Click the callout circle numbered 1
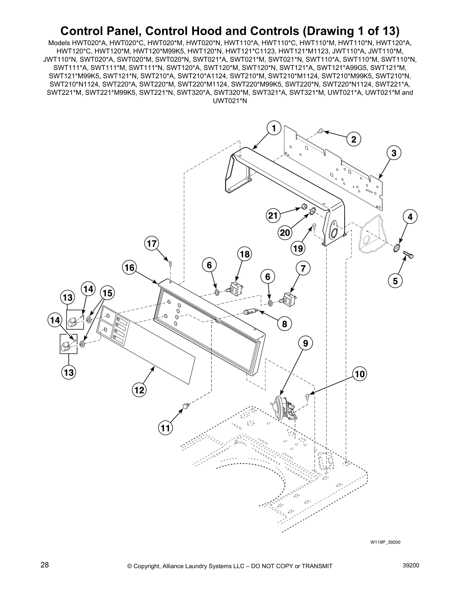pos(274,128)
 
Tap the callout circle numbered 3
pos(393,153)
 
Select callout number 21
pos(273,216)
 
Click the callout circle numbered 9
pos(305,343)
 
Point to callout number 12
pos(139,390)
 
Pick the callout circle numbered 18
pos(244,254)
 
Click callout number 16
pos(129,268)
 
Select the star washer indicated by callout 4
pos(396,248)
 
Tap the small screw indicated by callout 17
pos(170,263)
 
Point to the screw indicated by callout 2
pos(321,131)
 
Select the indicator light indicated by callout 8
pos(250,312)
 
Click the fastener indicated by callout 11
pos(186,406)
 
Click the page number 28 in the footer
pos(45,565)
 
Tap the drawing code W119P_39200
pos(385,542)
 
